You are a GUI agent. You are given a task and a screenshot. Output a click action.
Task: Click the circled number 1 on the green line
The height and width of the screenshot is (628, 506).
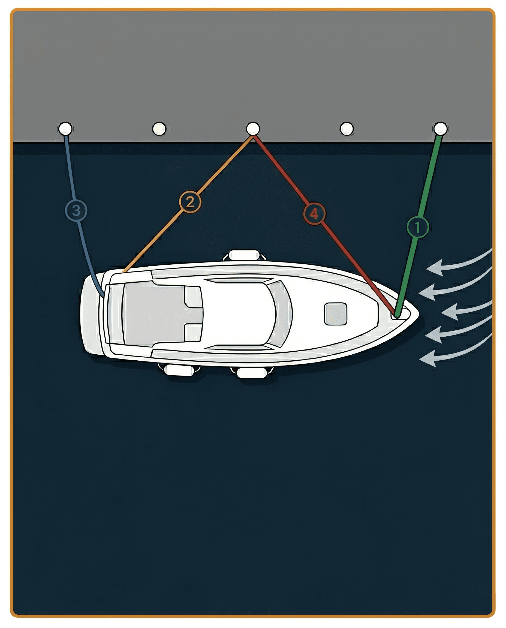(x=417, y=227)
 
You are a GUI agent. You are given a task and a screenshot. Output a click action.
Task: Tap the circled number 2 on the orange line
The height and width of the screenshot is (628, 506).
(x=190, y=202)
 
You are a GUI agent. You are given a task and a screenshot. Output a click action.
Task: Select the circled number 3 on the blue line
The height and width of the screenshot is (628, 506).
(x=76, y=210)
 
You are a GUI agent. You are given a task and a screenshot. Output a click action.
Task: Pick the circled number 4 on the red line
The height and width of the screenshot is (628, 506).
(x=314, y=214)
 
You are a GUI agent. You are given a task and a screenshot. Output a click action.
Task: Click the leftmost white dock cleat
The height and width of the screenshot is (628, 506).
(x=65, y=128)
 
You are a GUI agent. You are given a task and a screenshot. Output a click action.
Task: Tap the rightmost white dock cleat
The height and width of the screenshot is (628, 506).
(x=440, y=128)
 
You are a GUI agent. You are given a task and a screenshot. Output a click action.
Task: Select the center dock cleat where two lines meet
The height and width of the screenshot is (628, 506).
(x=253, y=128)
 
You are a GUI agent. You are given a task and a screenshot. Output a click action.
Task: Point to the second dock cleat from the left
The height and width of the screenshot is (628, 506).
(x=159, y=128)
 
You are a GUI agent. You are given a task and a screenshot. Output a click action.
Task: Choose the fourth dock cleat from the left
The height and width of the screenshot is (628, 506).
(x=347, y=128)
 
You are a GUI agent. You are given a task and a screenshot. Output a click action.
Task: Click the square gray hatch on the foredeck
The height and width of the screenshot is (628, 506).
(x=336, y=314)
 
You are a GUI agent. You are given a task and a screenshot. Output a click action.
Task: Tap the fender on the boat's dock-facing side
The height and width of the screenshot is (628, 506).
(x=244, y=255)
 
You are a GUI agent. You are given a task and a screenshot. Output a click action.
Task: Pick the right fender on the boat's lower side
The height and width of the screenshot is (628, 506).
(x=252, y=373)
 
